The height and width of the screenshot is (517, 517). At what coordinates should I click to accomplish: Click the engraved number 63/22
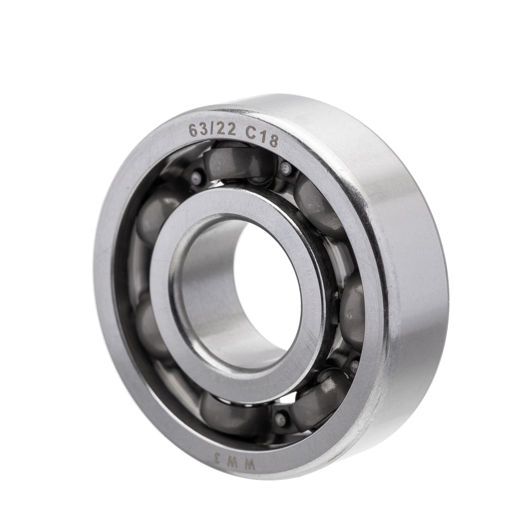pos(212,130)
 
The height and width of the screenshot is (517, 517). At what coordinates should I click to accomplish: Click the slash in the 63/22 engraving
pos(211,130)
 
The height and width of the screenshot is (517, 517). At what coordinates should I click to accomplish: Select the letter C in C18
pos(251,133)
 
